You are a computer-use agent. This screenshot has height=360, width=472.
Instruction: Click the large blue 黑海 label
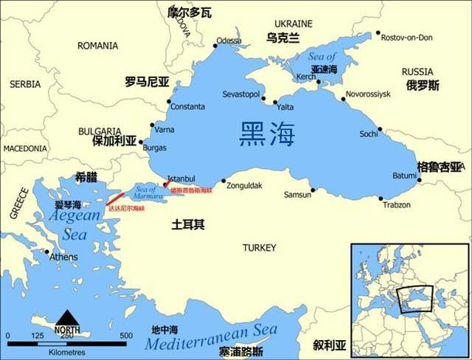[267, 134]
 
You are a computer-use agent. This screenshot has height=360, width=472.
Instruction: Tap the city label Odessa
[229, 41]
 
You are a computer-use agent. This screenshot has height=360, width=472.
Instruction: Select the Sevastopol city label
[242, 95]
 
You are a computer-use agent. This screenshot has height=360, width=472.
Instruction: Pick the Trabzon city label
[397, 204]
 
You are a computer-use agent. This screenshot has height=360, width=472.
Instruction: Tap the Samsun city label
[298, 195]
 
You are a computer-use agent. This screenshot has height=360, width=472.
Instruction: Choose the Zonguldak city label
[244, 185]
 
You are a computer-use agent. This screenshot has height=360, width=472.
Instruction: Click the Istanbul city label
[181, 179]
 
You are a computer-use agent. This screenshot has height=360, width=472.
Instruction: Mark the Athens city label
[63, 257]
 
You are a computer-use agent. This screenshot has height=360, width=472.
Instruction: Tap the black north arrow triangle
[67, 318]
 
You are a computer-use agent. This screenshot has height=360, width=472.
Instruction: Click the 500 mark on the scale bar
[126, 336]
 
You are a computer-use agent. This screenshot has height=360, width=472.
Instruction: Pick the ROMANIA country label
[97, 46]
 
